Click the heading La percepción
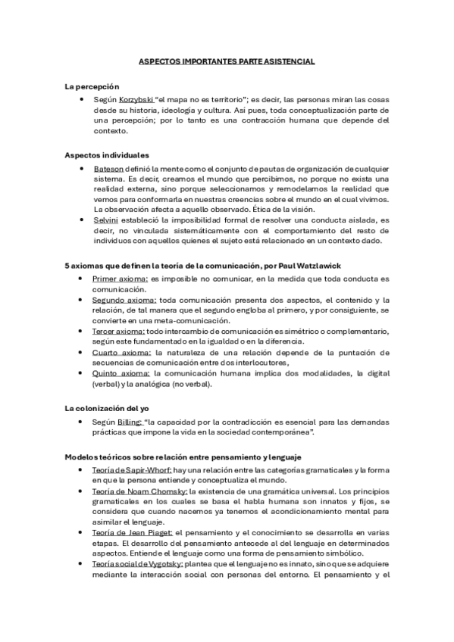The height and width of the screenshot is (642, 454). [92, 88]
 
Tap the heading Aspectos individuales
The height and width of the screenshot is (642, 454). [106, 155]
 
